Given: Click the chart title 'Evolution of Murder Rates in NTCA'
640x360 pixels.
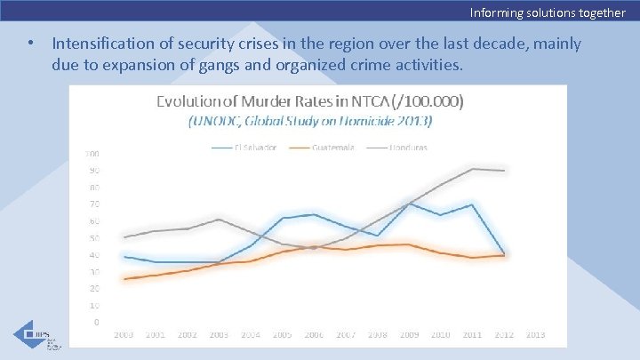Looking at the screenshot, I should click(x=309, y=101).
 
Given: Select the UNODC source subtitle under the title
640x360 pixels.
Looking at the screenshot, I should click(x=309, y=120).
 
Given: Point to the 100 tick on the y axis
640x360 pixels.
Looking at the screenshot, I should click(x=92, y=154).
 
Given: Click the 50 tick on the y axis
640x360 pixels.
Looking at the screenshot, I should click(x=92, y=238).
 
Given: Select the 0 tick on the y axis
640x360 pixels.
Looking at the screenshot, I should click(x=97, y=322).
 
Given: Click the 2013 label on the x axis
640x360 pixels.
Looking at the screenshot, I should click(x=535, y=335).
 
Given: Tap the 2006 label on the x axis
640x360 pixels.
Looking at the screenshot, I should click(x=313, y=335).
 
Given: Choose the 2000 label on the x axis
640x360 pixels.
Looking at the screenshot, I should click(x=124, y=335).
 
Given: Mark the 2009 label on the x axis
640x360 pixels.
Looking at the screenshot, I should click(x=409, y=335).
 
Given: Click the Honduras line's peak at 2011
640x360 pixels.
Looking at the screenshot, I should click(x=472, y=168).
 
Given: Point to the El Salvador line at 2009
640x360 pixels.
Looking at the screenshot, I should click(x=409, y=204).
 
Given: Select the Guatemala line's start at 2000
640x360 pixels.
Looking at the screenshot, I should click(x=124, y=279).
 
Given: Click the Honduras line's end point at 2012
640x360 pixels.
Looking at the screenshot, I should click(x=504, y=170).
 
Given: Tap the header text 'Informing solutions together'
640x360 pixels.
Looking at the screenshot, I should click(x=548, y=12).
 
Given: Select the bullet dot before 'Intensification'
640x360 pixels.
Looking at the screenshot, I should click(x=31, y=44).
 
